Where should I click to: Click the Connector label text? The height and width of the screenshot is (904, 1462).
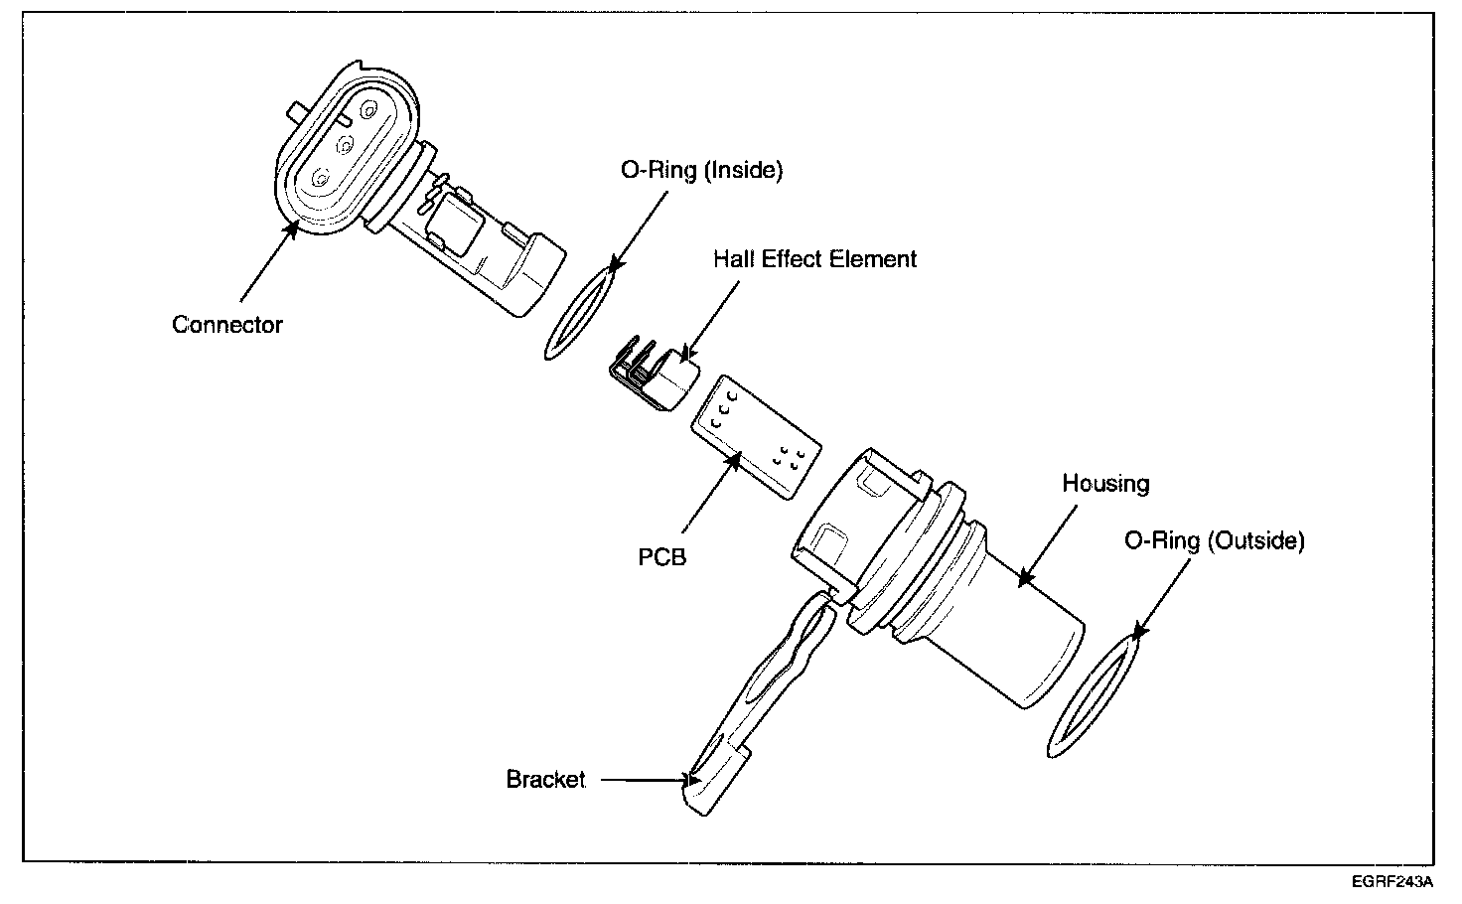pyautogui.click(x=226, y=325)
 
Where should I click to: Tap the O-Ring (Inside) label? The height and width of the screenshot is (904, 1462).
pyautogui.click(x=701, y=170)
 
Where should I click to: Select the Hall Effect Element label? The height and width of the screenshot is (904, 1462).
pyautogui.click(x=814, y=259)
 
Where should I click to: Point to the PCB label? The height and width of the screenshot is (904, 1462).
pyautogui.click(x=661, y=556)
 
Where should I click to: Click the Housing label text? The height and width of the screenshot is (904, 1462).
pyautogui.click(x=1105, y=484)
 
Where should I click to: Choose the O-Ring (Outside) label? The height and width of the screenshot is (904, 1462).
pyautogui.click(x=1214, y=540)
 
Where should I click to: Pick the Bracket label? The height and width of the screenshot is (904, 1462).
pyautogui.click(x=545, y=780)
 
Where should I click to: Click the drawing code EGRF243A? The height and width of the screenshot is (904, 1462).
pyautogui.click(x=1391, y=882)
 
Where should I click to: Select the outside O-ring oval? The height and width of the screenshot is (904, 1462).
pyautogui.click(x=1093, y=695)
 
